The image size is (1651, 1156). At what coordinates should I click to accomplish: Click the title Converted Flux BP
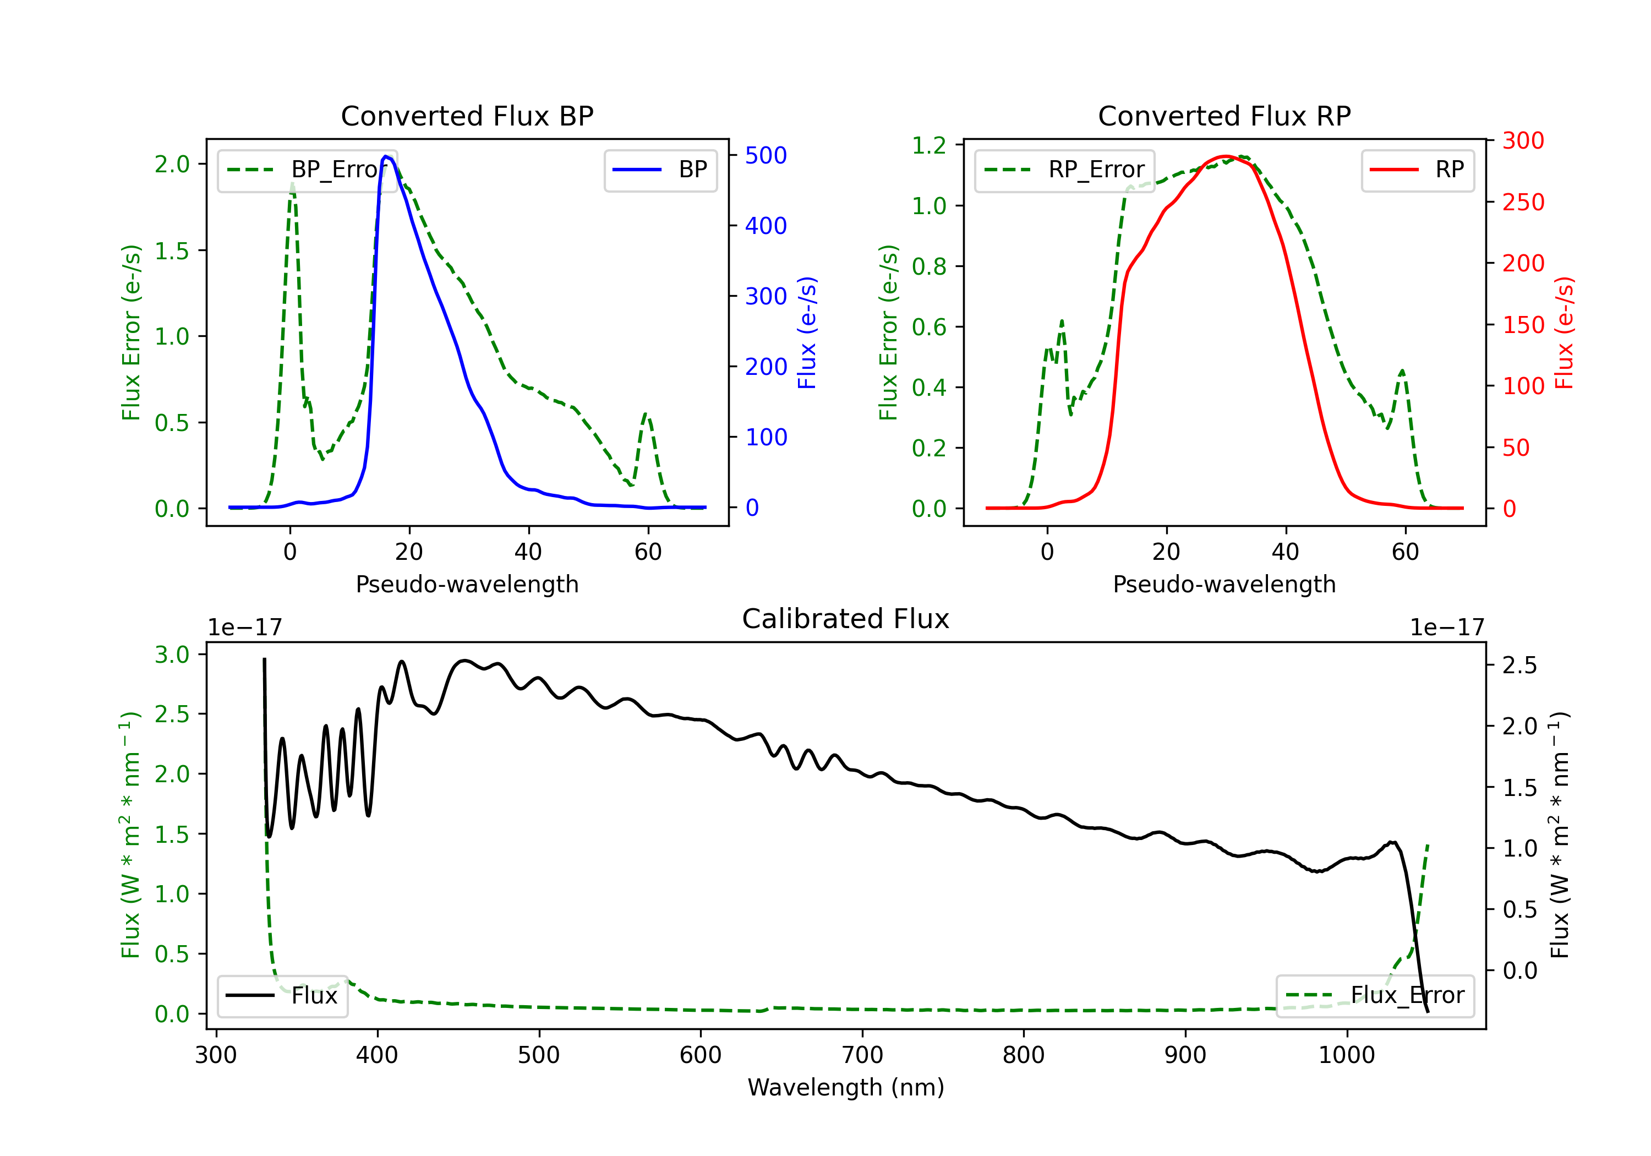click(467, 116)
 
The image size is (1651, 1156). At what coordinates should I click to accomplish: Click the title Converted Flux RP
click(1224, 116)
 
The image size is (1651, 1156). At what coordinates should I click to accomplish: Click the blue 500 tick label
click(766, 155)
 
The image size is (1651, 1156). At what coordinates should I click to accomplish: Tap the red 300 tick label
click(1523, 141)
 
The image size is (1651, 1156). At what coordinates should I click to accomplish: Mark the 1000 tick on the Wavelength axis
click(1346, 1055)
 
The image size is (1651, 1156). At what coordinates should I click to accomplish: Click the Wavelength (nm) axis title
click(846, 1087)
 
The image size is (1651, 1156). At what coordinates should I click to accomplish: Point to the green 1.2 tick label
click(928, 145)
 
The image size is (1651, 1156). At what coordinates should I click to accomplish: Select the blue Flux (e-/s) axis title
click(807, 332)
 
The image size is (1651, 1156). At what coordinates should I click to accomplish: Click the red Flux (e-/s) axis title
click(1565, 332)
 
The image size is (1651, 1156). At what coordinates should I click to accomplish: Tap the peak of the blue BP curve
click(386, 156)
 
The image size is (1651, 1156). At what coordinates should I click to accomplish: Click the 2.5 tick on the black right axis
click(1519, 666)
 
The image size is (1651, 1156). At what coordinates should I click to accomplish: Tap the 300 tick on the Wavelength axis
click(216, 1055)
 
